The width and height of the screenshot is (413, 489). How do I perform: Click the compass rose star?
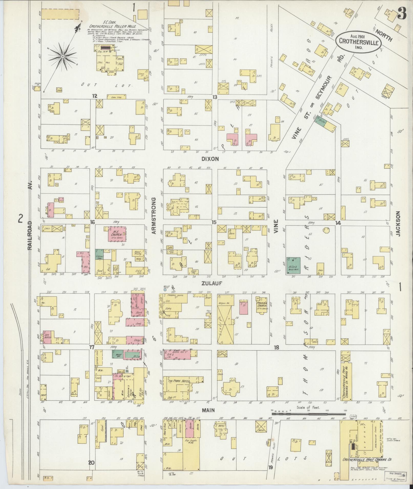point(62,56)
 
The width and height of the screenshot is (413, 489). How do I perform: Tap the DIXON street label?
point(210,159)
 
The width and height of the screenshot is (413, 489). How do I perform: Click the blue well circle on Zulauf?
point(165,290)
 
